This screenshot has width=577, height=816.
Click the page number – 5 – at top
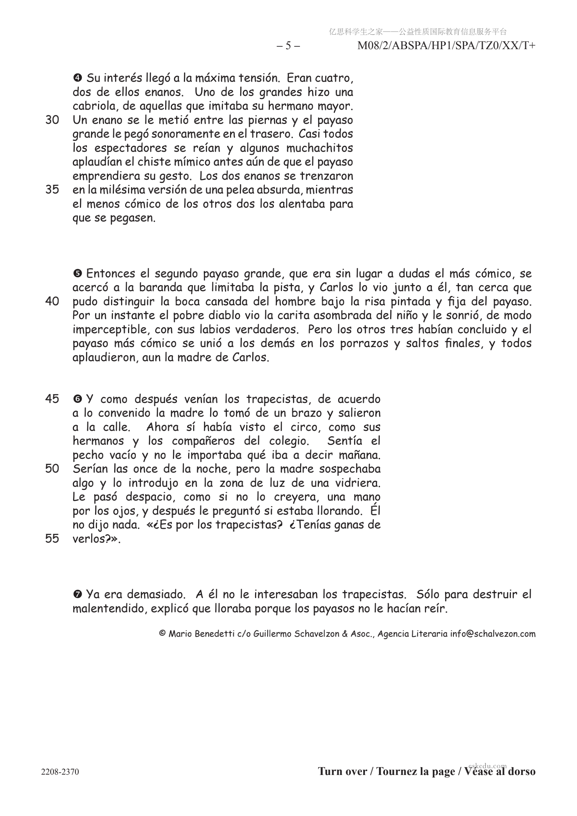click(x=288, y=46)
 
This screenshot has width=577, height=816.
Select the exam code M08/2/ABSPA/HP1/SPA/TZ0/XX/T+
click(x=446, y=46)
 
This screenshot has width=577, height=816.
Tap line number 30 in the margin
click(x=52, y=120)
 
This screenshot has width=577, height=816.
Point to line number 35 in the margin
click(x=52, y=190)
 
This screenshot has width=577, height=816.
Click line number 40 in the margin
click(x=52, y=301)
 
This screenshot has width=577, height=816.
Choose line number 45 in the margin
click(x=52, y=399)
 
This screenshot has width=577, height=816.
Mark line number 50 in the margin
click(x=52, y=469)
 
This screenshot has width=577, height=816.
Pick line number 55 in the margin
click(x=52, y=538)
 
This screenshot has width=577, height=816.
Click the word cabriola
click(x=92, y=106)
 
